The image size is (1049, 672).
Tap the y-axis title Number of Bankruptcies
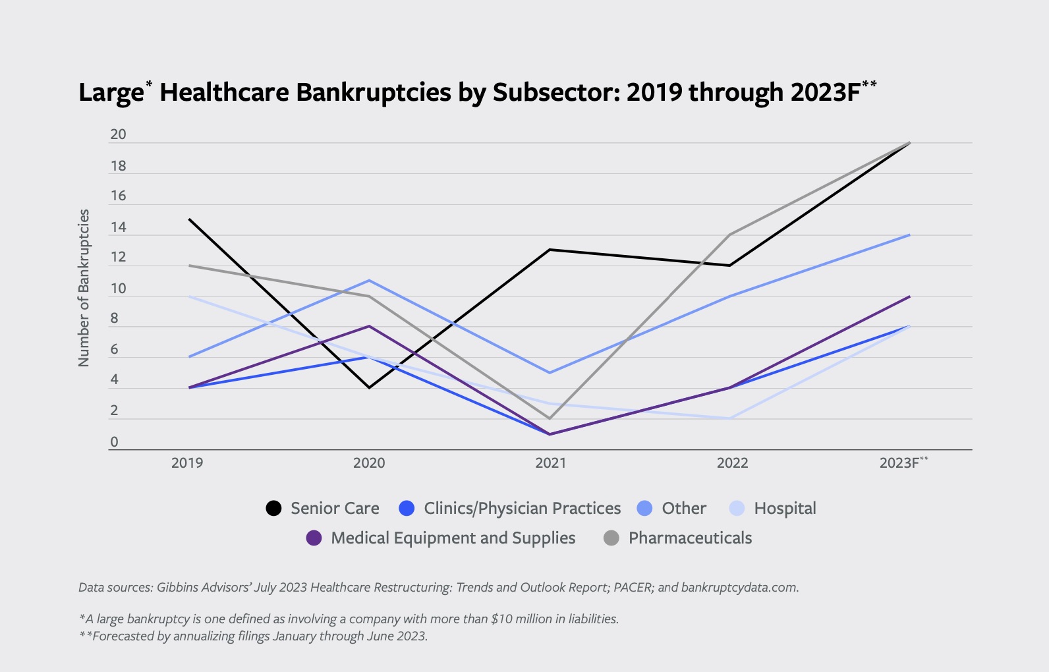coord(84,287)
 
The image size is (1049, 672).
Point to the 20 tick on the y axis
coord(118,134)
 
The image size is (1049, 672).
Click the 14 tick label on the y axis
coord(118,227)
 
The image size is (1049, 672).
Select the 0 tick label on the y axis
coord(114,442)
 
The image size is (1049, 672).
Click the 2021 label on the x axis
coord(550,463)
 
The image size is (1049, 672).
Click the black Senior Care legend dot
coord(273,508)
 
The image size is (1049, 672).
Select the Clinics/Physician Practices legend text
coord(522,508)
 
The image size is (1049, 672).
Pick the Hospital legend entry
coord(784,508)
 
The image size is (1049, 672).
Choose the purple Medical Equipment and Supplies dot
coord(314,538)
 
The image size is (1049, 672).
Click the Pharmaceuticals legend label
coord(690,538)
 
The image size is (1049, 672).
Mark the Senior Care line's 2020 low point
coord(369,387)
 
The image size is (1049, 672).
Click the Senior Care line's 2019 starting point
coord(189,219)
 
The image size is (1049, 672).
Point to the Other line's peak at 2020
coord(369,281)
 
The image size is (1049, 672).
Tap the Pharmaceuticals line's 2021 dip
coord(550,418)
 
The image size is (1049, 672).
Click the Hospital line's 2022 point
coord(730,418)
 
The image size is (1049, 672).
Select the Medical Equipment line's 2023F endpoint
coord(909,296)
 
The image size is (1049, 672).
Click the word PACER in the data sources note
coord(634,587)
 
